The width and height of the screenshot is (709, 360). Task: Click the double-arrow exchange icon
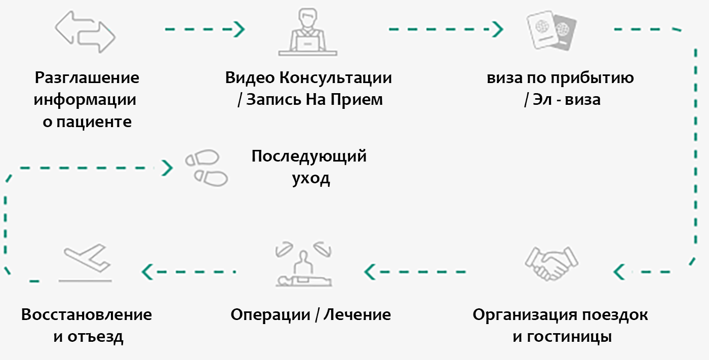[85, 31]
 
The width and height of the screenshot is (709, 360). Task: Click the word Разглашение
[87, 78]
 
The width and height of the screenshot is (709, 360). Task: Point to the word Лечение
[357, 315]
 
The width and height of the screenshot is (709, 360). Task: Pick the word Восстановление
[87, 315]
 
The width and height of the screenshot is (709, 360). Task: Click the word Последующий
[309, 156]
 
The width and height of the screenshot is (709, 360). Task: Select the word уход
[311, 178]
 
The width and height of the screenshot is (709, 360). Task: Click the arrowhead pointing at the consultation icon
[239, 29]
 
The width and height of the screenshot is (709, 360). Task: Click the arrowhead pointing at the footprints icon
[167, 167]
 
